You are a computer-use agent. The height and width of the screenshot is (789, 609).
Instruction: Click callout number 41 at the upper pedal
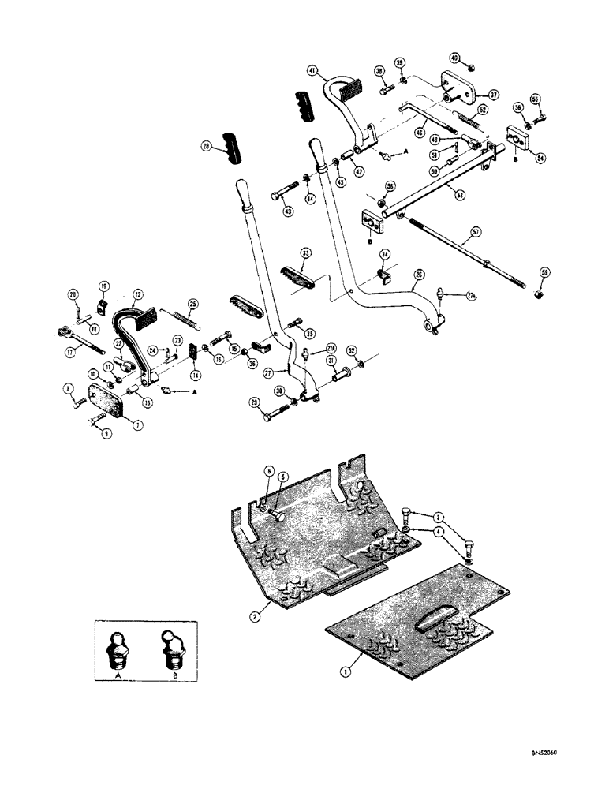[x=313, y=72]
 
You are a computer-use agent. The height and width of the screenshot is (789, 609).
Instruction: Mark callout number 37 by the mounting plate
[x=494, y=94]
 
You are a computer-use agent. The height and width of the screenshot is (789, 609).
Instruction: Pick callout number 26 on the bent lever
[x=419, y=274]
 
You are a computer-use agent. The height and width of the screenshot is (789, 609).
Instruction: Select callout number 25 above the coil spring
[x=192, y=303]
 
